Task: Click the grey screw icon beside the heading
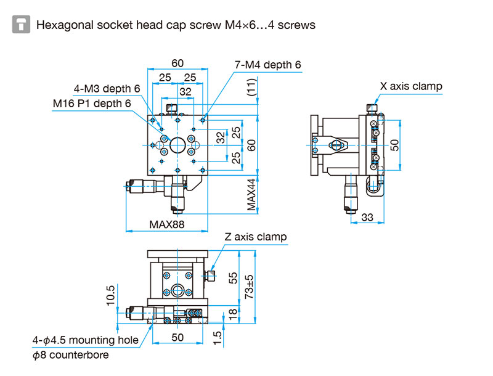[x=21, y=24]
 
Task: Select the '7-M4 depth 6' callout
[x=267, y=65]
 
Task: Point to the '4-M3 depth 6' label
[x=107, y=89]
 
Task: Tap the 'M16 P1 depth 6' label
[x=91, y=103]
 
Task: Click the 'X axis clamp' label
[x=411, y=86]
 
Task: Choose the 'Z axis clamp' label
[x=255, y=237]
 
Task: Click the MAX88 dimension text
[x=166, y=224]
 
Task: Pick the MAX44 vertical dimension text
[x=251, y=195]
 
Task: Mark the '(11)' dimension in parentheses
[x=251, y=88]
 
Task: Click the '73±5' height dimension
[x=249, y=287]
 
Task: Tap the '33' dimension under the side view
[x=367, y=217]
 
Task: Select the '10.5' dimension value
[x=111, y=295]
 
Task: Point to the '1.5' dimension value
[x=218, y=338]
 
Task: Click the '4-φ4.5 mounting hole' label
[x=86, y=340]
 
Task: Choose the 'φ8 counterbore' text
[x=70, y=355]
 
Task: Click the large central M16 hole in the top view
[x=177, y=145]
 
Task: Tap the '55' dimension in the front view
[x=233, y=278]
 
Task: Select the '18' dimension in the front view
[x=232, y=314]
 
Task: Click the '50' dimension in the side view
[x=394, y=145]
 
